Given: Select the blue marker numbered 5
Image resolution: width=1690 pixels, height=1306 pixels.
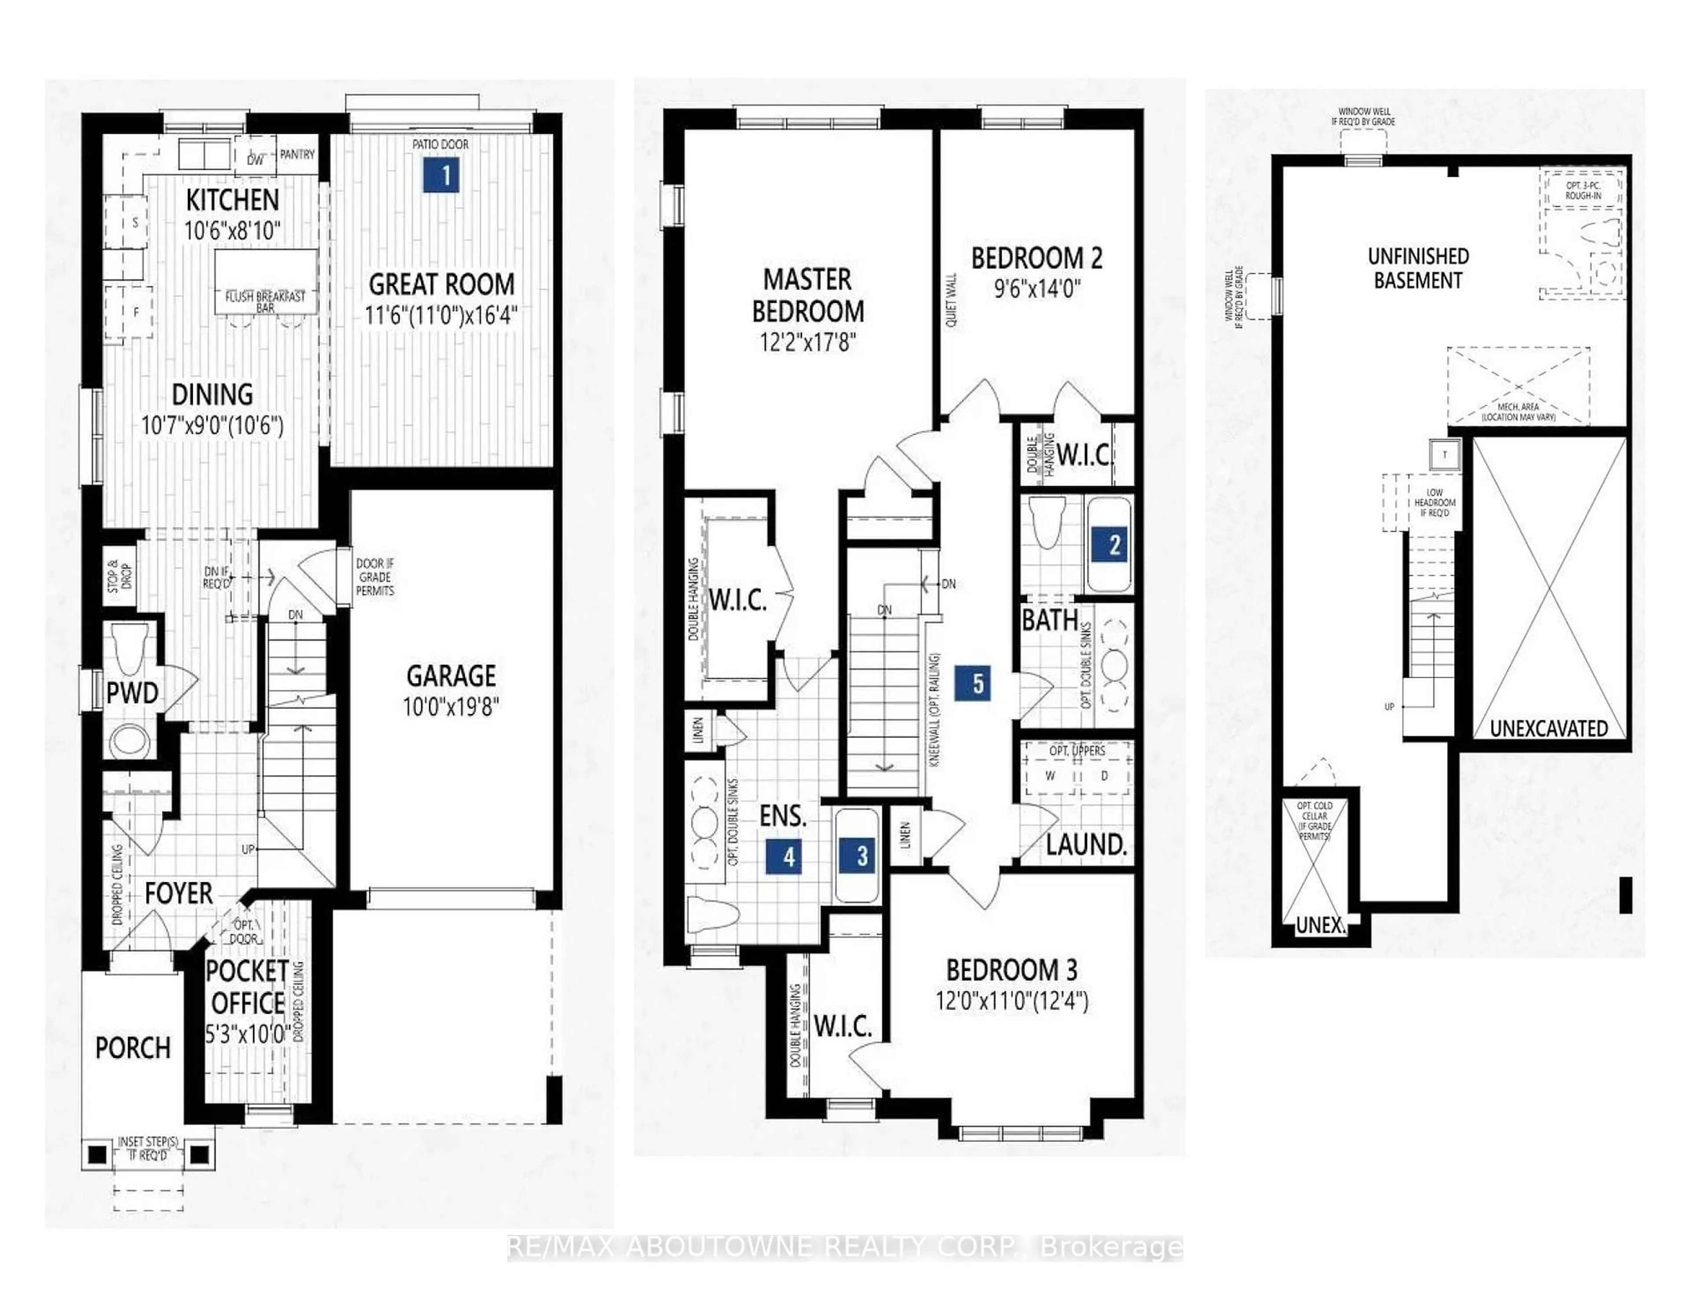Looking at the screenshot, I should tap(977, 683).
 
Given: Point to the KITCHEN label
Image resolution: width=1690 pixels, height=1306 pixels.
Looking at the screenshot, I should tap(232, 200).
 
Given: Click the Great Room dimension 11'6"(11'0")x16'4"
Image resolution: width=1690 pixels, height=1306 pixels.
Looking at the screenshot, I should tap(441, 315).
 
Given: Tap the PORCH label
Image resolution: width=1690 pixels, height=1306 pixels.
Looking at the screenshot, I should tap(132, 1048).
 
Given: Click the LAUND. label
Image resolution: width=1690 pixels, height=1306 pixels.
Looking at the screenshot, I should tap(1086, 845).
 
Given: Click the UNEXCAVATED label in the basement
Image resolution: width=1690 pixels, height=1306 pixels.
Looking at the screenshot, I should tap(1548, 728).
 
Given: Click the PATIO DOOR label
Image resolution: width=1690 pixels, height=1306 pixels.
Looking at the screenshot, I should tap(440, 144).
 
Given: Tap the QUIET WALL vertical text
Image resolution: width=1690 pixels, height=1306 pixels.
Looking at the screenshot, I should tap(951, 299).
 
